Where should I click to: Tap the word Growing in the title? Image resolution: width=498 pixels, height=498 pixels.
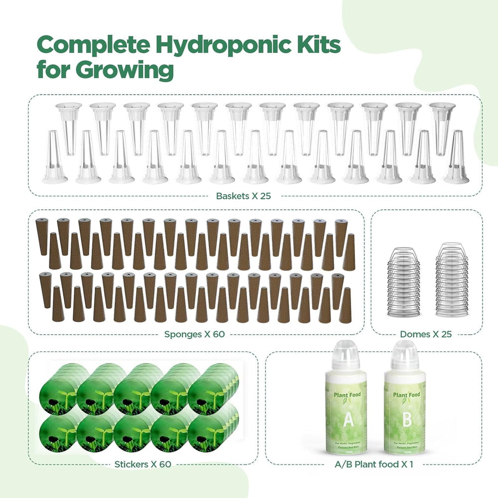tap(124, 70)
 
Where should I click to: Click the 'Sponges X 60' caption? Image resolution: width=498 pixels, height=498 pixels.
tap(195, 334)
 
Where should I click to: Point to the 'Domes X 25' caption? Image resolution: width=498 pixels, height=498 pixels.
tap(426, 334)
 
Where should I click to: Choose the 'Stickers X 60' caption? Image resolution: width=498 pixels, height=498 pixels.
tap(143, 464)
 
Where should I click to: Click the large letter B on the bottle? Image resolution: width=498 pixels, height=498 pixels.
tap(407, 419)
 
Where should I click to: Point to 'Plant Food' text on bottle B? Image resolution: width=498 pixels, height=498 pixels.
tap(406, 395)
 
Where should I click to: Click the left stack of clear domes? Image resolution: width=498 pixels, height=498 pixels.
tap(400, 281)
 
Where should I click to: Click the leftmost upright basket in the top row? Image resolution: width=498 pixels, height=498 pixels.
tap(68, 124)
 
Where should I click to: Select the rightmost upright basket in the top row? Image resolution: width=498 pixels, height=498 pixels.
tap(442, 124)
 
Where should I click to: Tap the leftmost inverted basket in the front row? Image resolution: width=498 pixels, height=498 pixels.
tap(54, 158)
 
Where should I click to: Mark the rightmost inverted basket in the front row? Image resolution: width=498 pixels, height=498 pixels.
tap(456, 158)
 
